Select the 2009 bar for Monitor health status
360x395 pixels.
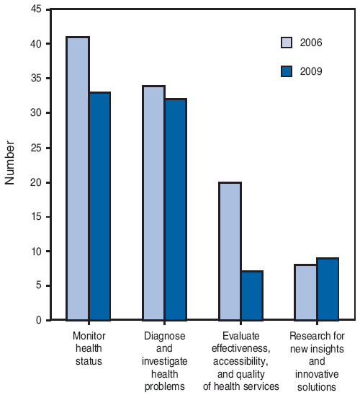(x=99, y=205)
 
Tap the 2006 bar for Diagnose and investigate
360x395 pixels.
(x=154, y=203)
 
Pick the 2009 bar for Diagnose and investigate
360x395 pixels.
(x=176, y=209)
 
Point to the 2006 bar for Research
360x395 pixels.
(x=306, y=292)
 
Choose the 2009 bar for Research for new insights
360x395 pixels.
(x=328, y=288)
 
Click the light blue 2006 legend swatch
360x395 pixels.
(x=287, y=43)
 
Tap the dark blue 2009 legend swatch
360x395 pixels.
(x=287, y=71)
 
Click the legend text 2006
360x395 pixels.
(x=311, y=43)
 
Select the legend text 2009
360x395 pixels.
(x=311, y=71)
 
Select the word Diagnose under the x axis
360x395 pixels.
(x=165, y=336)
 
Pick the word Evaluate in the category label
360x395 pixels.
(x=241, y=336)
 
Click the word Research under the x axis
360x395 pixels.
(x=317, y=336)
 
